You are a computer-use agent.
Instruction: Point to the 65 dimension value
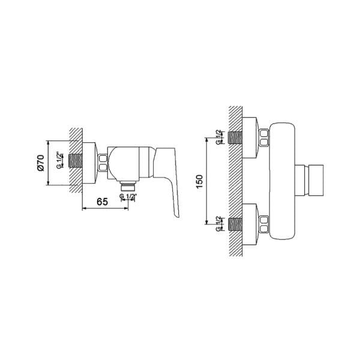tap(102, 202)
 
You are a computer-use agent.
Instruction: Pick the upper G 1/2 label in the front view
tap(218, 137)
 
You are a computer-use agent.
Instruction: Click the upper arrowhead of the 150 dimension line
tap(206, 140)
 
